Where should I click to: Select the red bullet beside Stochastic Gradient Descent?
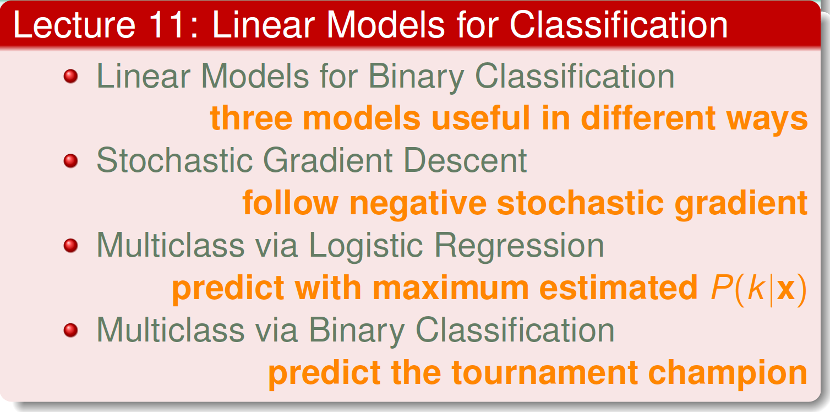[x=71, y=161]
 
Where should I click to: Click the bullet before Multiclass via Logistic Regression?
[x=71, y=246]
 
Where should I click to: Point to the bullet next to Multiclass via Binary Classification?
[x=71, y=330]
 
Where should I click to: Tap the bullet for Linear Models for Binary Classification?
[x=71, y=77]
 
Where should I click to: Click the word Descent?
[x=465, y=160]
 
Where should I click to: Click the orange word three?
[x=252, y=118]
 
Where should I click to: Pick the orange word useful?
[x=481, y=118]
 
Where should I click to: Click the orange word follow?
[x=291, y=203]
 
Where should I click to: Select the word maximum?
[x=451, y=288]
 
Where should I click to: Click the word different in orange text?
[x=648, y=118]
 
